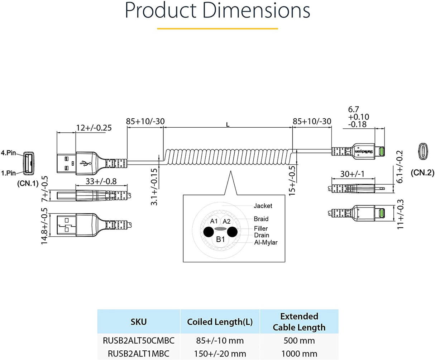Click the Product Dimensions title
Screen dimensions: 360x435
pos(217,11)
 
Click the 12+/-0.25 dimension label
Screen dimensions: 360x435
pos(94,128)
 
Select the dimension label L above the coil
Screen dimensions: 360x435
pos(228,125)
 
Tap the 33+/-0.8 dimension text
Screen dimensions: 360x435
pos(101,181)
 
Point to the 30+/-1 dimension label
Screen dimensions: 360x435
pos(352,174)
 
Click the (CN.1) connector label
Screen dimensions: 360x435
pos(28,184)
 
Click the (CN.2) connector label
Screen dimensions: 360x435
pos(422,173)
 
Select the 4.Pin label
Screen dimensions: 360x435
pos(8,153)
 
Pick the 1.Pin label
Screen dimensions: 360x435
pos(8,173)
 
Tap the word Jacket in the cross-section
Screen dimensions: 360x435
pos(263,206)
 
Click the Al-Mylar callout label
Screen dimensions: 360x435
pos(266,242)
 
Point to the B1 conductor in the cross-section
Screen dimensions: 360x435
pos(220,239)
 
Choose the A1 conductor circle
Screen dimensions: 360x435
pos(214,221)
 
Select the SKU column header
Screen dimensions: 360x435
pos(138,322)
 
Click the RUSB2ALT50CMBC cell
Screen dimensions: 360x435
pos(138,341)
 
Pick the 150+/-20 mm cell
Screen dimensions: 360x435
pos(220,354)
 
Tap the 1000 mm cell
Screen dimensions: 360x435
pos(299,354)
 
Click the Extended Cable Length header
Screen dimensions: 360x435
pos(299,322)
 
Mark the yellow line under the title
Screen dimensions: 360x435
pos(217,29)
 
